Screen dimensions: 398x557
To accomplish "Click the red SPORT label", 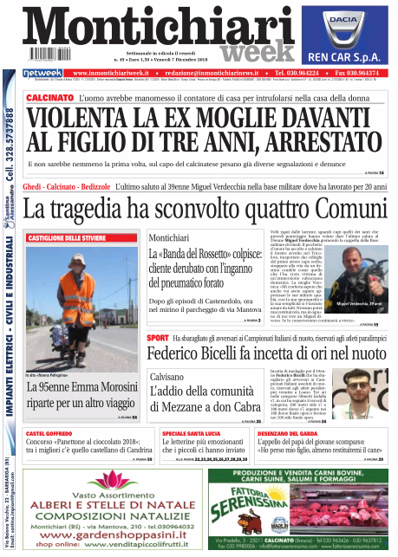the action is click(x=158, y=337).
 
